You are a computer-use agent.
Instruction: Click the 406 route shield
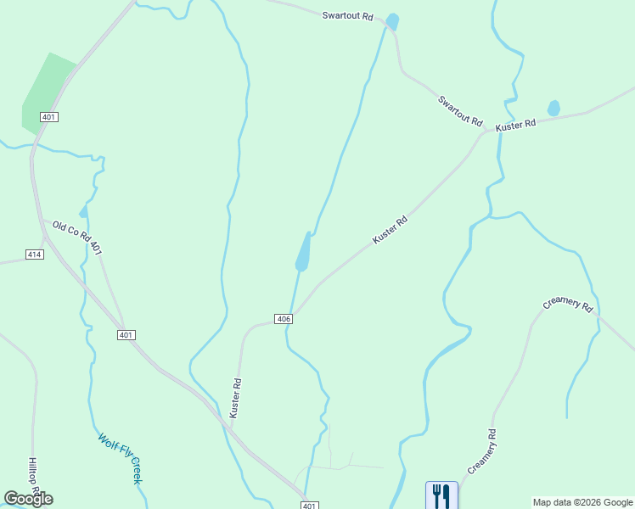click(284, 319)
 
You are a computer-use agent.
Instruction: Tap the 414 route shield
click(35, 255)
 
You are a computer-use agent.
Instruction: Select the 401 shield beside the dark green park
click(48, 116)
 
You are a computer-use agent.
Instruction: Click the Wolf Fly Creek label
click(120, 459)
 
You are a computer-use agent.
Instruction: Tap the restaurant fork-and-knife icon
click(441, 495)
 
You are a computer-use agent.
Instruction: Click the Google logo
click(28, 499)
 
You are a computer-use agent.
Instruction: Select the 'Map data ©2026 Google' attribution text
click(582, 502)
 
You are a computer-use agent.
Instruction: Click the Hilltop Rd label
click(33, 477)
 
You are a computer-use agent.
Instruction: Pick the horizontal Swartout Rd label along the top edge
click(347, 15)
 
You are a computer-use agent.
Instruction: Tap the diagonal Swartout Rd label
click(460, 110)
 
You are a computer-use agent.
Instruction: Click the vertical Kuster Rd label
click(237, 398)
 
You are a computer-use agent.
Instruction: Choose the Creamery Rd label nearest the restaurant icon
click(481, 452)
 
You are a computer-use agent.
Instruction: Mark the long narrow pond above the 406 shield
click(303, 253)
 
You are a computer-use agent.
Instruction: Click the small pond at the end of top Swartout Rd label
click(392, 21)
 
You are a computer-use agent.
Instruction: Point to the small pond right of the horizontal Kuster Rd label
click(554, 108)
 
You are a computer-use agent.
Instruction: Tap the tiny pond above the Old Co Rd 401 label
click(83, 211)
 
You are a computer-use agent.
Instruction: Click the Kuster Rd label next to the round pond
click(516, 125)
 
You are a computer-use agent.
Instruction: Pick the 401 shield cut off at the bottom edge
click(310, 506)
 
